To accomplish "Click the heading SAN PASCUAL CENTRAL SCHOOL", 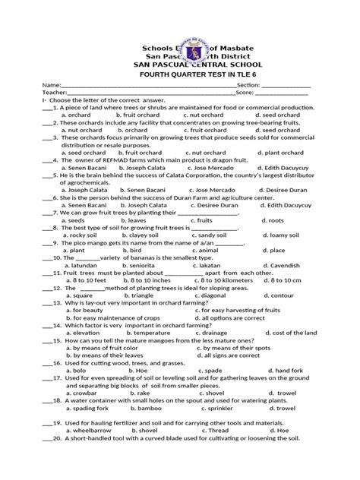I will coord(179,65).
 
